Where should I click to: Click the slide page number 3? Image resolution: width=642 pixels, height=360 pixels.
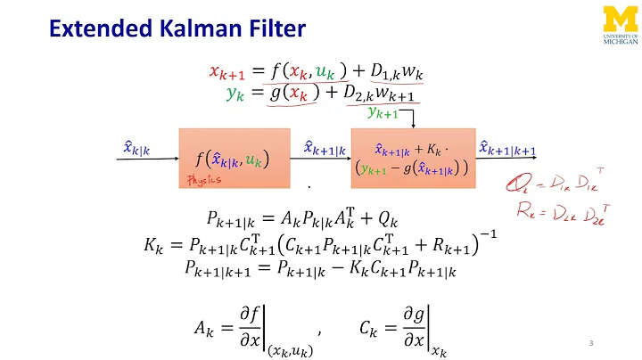[x=591, y=343]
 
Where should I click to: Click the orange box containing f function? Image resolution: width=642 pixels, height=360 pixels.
[x=235, y=158]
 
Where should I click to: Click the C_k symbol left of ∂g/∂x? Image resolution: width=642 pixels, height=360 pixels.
[x=355, y=304]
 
